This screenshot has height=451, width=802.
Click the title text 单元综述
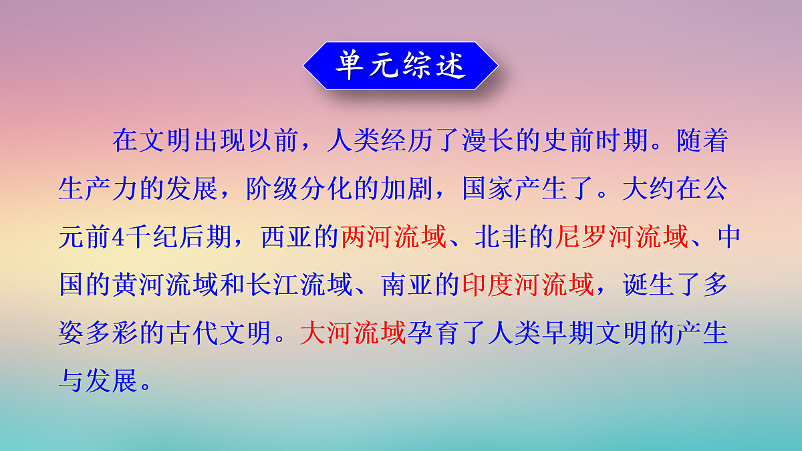[x=400, y=65]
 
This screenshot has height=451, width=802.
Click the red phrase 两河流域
[x=394, y=238]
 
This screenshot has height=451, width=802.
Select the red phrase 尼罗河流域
[x=621, y=238]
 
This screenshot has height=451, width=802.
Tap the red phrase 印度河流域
[x=527, y=285]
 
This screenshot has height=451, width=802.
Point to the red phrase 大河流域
[x=354, y=333]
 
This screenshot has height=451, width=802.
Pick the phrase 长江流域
[x=300, y=285]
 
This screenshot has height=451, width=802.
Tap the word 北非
[x=501, y=238]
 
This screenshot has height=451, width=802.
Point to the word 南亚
[x=407, y=285]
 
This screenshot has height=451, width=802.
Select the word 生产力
[x=99, y=190]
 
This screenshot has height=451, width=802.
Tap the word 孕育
[x=434, y=333]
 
